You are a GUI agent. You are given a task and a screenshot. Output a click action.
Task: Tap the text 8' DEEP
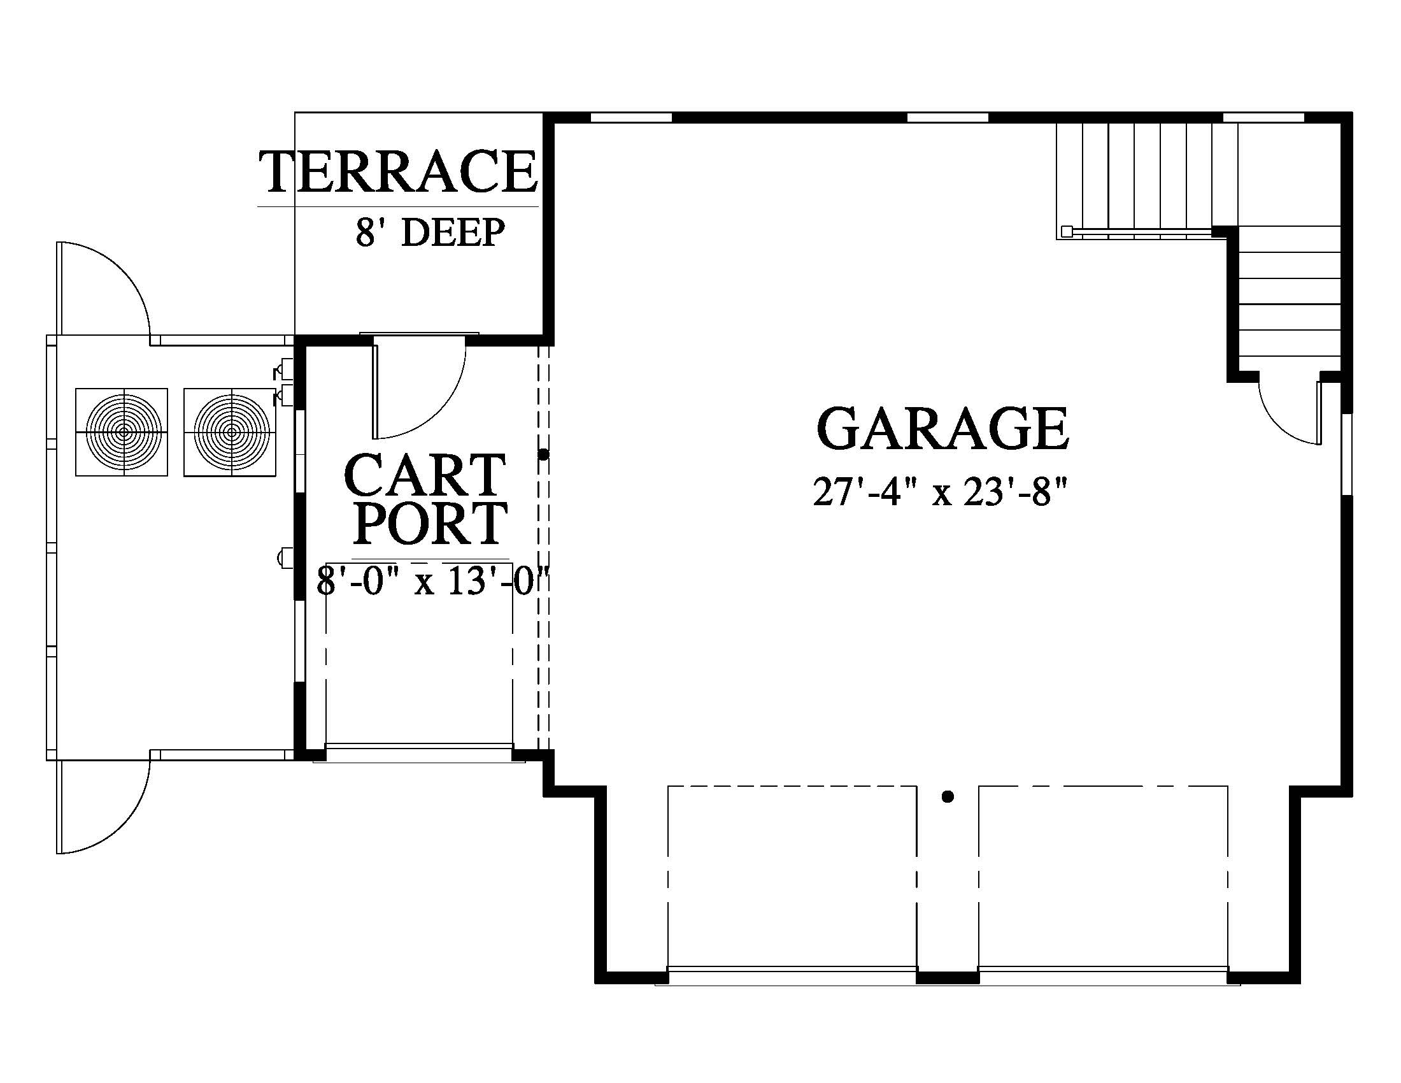(x=430, y=233)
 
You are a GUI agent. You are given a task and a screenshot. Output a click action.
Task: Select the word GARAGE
(x=942, y=429)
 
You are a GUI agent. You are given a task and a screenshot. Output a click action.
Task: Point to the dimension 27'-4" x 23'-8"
(x=941, y=492)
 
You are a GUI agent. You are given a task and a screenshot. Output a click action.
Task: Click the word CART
(x=425, y=475)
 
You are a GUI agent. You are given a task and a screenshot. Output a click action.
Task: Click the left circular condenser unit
(x=122, y=432)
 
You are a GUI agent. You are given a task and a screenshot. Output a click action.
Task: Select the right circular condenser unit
(x=231, y=432)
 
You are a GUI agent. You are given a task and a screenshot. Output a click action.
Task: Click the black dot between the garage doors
(x=948, y=798)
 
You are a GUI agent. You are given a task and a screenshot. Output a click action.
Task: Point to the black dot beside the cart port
(x=544, y=454)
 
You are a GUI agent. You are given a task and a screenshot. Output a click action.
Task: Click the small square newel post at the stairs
(x=1066, y=231)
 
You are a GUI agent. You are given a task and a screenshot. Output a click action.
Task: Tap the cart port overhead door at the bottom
(x=419, y=752)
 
